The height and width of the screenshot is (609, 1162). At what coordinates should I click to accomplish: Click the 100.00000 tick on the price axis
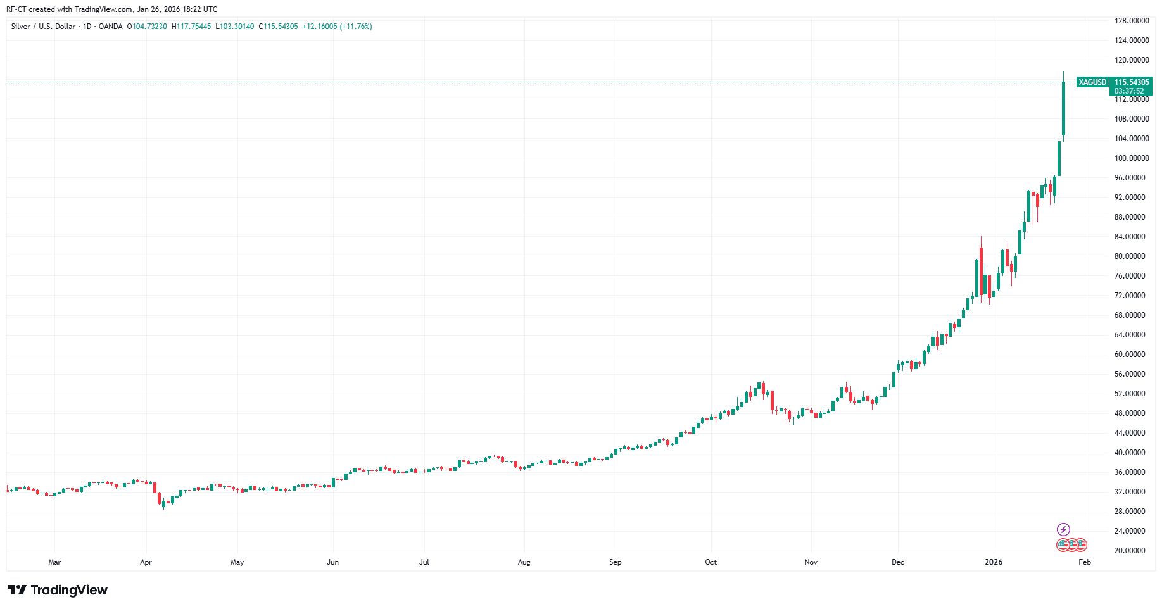[x=1131, y=158]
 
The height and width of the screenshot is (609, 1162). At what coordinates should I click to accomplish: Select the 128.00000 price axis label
[x=1131, y=21]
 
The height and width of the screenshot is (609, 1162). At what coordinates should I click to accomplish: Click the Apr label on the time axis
[x=146, y=562]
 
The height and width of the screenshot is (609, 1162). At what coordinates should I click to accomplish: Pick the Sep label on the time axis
[x=615, y=562]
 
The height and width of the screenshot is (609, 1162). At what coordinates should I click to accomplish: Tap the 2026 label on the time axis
[x=994, y=562]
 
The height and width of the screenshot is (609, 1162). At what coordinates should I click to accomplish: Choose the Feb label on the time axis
[x=1085, y=562]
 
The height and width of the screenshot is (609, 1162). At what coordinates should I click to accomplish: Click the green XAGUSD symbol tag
[x=1092, y=82]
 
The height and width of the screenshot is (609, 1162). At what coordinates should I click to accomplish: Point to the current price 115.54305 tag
[x=1132, y=82]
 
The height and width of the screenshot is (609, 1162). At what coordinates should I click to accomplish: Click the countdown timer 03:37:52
[x=1129, y=91]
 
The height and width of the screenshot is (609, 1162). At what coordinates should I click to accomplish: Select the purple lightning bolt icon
[x=1063, y=529]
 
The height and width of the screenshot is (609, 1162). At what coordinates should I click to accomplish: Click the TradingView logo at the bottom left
[x=58, y=590]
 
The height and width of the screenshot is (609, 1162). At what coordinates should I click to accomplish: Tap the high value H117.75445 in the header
[x=191, y=27]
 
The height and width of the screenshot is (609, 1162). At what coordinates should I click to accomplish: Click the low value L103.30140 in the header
[x=235, y=27]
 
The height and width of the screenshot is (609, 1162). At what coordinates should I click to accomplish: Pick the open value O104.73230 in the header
[x=147, y=27]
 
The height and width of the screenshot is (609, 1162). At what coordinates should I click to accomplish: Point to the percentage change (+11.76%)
[x=356, y=27]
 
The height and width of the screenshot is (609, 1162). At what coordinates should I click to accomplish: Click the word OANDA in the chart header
[x=110, y=27]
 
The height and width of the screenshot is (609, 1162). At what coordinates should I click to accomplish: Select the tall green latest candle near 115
[x=1063, y=108]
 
